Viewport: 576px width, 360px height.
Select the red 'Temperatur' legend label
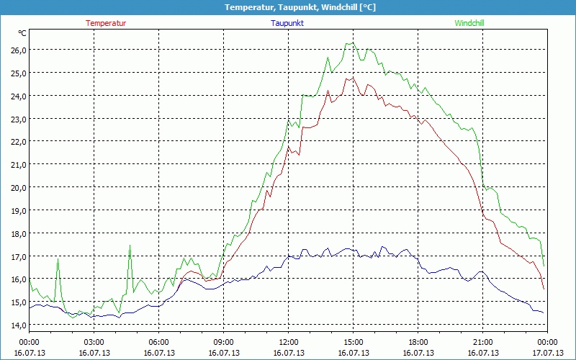point(106,23)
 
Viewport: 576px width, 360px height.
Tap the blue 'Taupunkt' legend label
point(287,23)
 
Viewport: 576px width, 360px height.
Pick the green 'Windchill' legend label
point(469,23)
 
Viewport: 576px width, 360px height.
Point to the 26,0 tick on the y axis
point(18,50)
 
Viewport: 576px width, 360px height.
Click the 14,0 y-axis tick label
point(18,325)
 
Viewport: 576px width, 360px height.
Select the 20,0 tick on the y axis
point(18,187)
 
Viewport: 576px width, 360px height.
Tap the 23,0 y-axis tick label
point(18,119)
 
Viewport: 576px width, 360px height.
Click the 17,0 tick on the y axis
point(18,256)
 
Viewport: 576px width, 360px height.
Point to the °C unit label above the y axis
point(22,33)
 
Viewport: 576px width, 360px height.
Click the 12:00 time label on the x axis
point(288,342)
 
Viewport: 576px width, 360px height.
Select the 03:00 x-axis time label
point(94,342)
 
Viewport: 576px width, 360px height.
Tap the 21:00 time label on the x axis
point(482,342)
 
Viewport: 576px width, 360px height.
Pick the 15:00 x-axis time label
point(353,342)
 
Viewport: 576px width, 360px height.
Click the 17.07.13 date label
point(547,353)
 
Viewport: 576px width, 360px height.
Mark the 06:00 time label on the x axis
point(158,342)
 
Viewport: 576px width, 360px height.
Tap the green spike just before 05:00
point(130,246)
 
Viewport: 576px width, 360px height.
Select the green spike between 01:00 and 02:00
point(58,258)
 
